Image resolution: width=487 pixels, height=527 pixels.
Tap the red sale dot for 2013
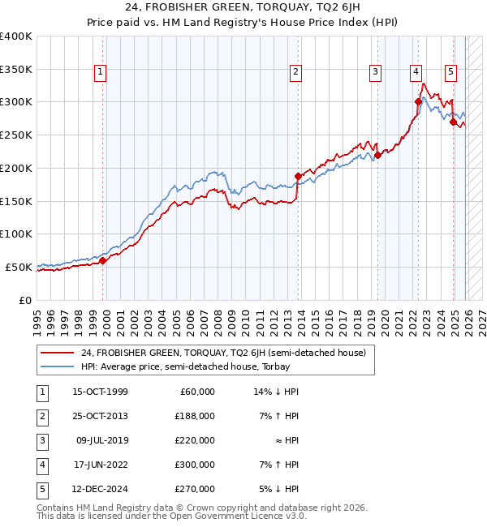[298, 176]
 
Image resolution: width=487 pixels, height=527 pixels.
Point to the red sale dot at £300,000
[419, 101]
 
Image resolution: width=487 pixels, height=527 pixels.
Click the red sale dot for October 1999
[103, 260]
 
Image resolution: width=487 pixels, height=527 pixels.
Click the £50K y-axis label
[18, 267]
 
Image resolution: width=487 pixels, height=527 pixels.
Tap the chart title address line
[243, 9]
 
